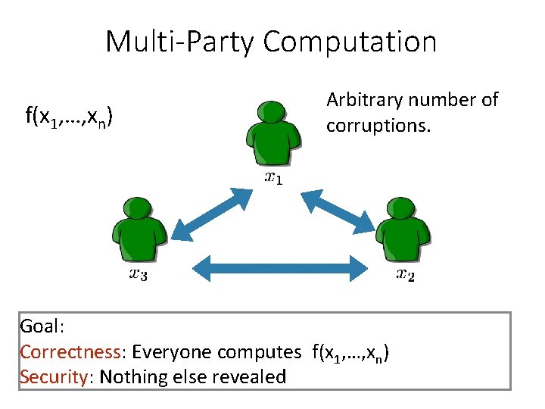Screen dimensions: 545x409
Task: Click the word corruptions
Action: [x=378, y=124]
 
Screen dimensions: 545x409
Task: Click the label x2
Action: [x=405, y=274]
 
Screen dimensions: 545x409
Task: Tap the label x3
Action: [x=138, y=274]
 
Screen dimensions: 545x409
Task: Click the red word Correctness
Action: [x=70, y=352]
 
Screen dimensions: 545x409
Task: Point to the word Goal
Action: [x=42, y=327]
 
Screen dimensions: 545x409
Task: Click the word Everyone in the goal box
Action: [x=173, y=352]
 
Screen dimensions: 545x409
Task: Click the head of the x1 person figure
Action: [x=272, y=113]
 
